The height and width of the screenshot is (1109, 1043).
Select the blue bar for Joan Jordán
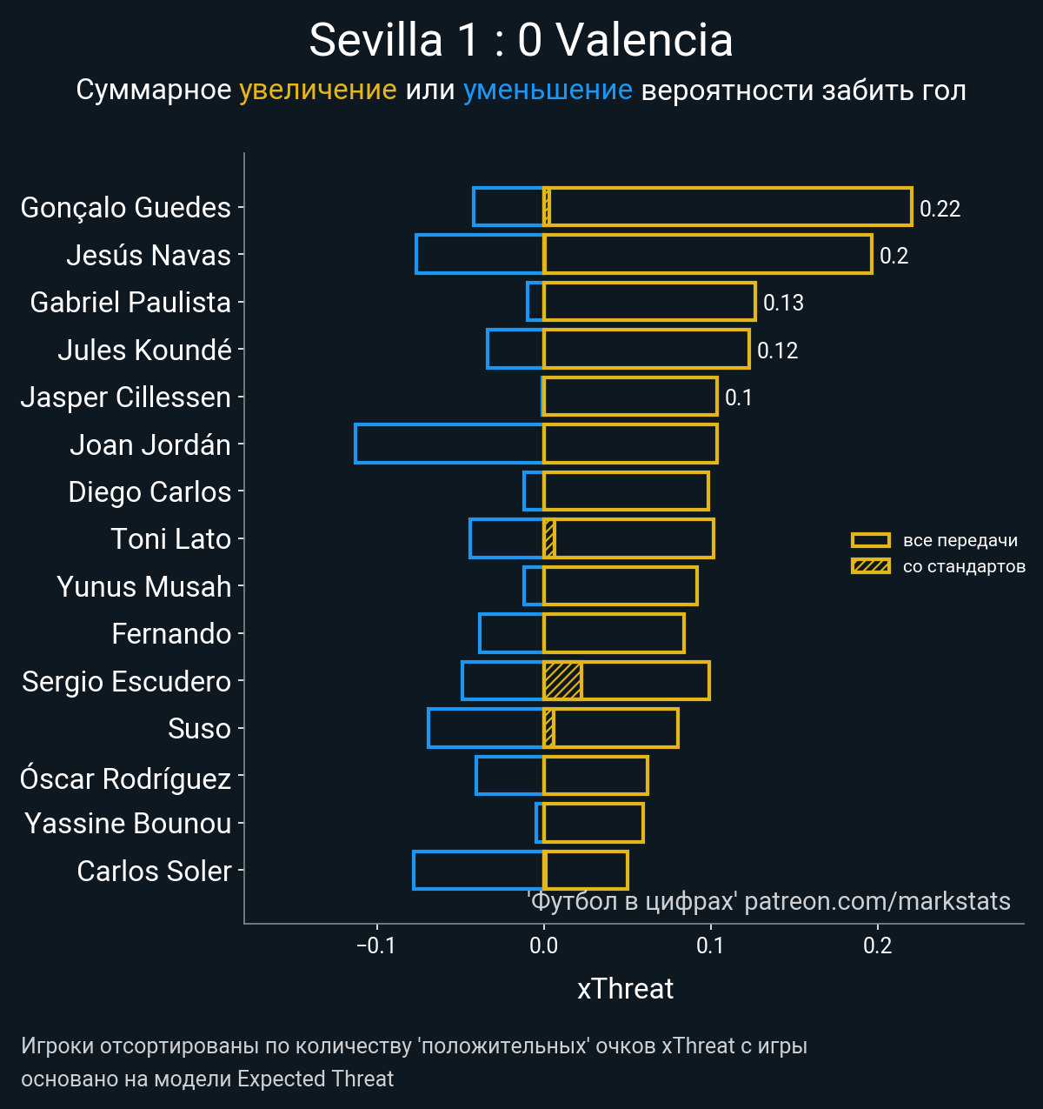[448, 444]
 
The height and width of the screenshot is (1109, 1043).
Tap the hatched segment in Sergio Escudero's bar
[562, 680]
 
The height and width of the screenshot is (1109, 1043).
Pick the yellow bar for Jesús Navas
[707, 254]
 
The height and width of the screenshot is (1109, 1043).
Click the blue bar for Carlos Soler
[478, 870]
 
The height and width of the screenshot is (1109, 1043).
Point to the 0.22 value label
[940, 209]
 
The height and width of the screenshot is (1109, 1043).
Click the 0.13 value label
[783, 303]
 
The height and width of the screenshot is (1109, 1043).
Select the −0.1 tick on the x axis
[376, 945]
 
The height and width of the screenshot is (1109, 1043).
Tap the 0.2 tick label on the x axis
[878, 945]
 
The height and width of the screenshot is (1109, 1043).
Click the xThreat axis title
[625, 989]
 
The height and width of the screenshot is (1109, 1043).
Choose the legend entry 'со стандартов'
[964, 567]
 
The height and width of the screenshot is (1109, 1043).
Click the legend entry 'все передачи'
[960, 540]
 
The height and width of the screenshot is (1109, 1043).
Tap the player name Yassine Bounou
[128, 823]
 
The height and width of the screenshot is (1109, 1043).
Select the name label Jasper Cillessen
[126, 397]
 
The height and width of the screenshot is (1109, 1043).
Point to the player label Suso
[199, 728]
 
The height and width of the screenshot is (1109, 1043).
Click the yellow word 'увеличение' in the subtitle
[317, 90]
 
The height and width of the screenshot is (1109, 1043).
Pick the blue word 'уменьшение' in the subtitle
[548, 90]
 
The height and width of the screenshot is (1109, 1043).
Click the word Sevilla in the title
[375, 40]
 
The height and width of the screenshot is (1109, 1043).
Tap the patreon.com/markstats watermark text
[877, 901]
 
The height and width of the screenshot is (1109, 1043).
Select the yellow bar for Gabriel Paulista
[648, 302]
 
